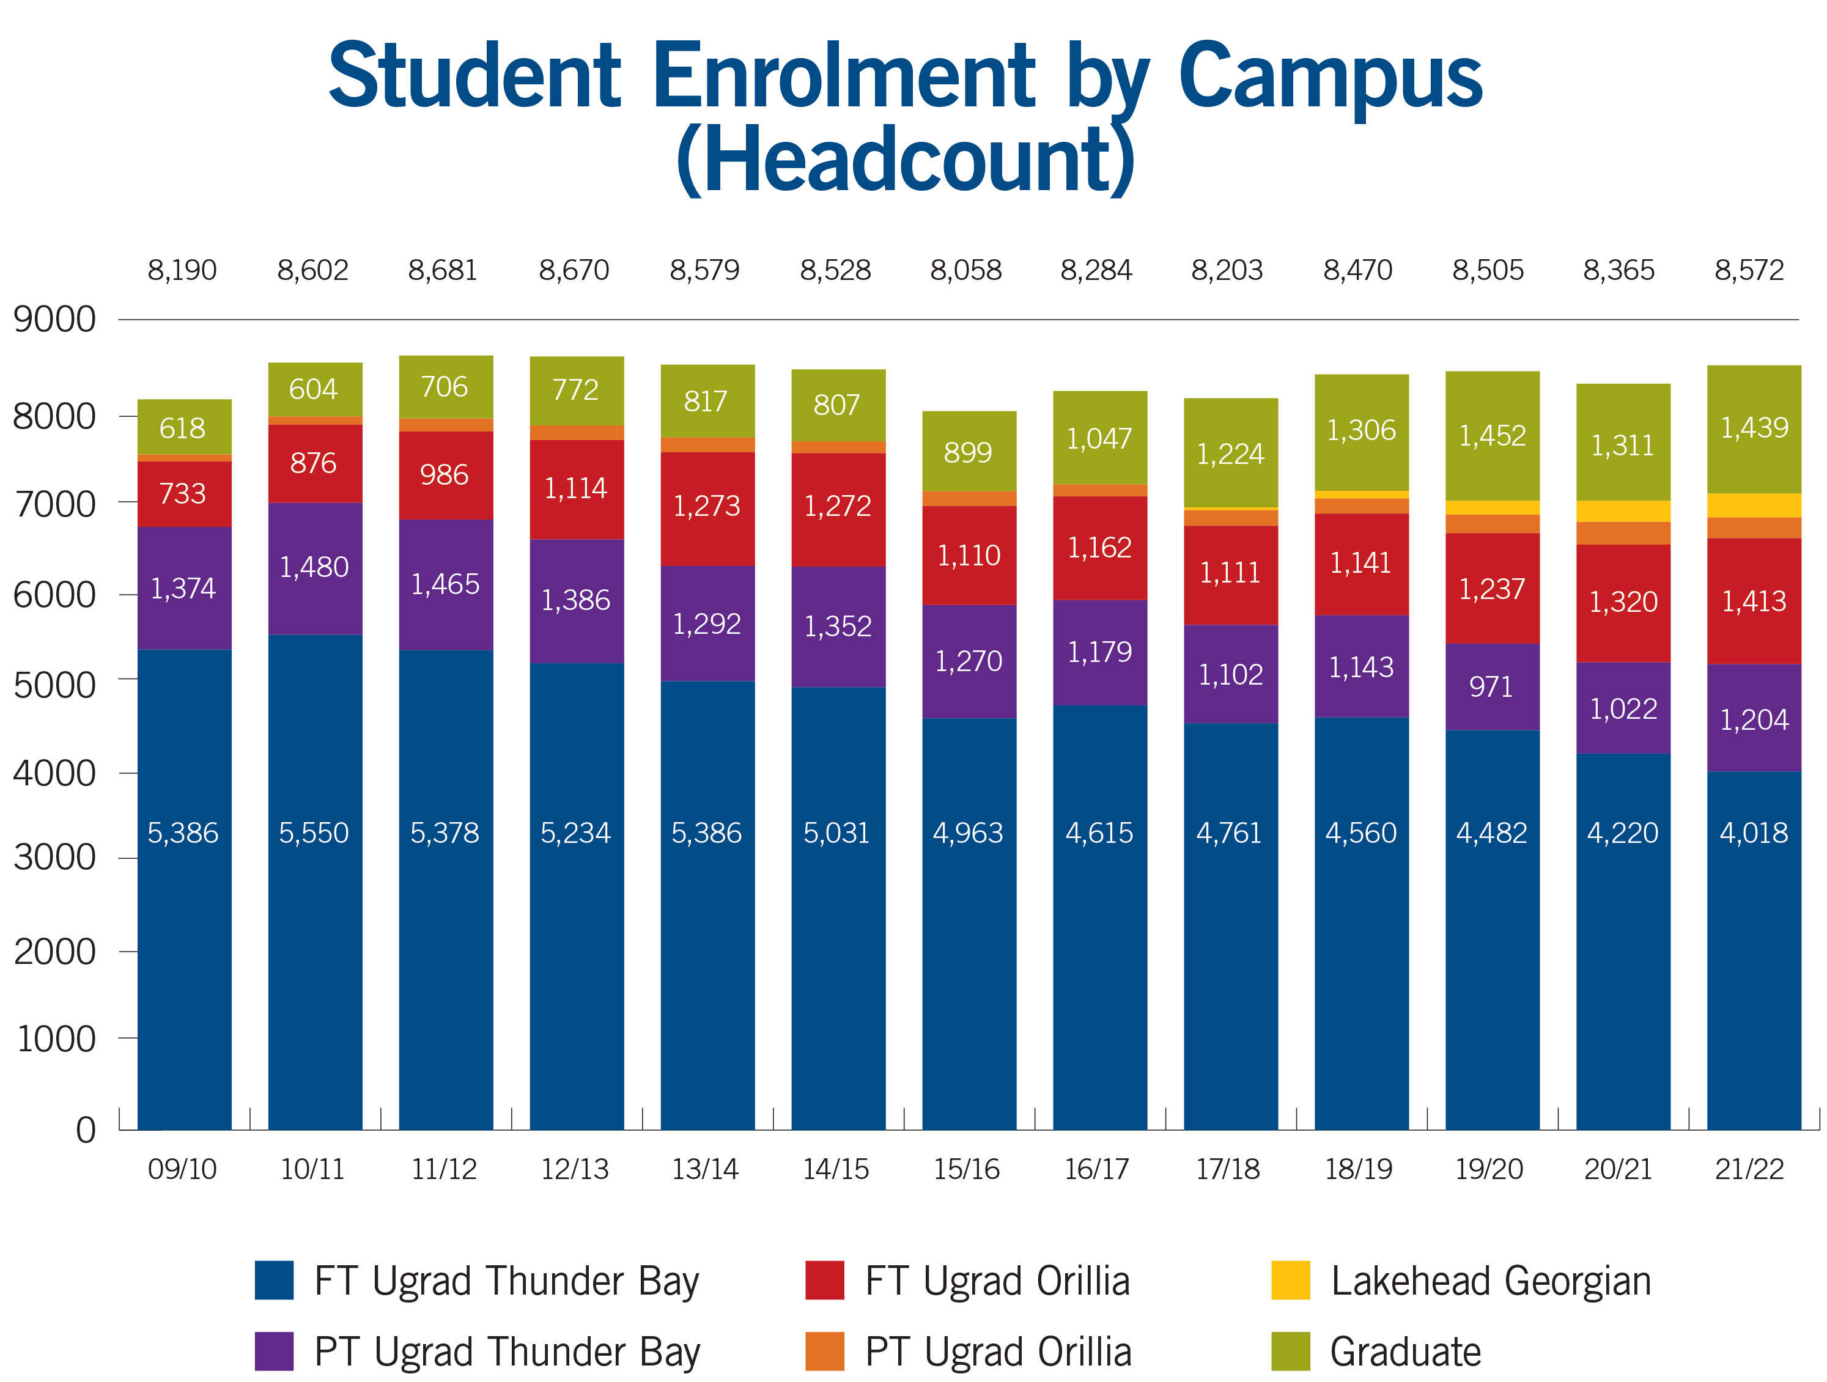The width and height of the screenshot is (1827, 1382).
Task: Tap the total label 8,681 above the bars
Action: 443,270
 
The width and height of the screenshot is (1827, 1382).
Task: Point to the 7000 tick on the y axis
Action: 54,504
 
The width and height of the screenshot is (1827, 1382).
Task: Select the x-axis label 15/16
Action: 966,1169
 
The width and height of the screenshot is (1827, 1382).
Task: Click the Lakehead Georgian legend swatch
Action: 1290,1281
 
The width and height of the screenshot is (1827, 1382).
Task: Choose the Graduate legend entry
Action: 1404,1351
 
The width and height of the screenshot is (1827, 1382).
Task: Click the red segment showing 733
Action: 183,494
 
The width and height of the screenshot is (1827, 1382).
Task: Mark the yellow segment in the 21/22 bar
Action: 1754,505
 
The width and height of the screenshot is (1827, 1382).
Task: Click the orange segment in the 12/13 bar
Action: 577,433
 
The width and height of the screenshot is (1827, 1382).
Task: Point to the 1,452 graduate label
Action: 1492,435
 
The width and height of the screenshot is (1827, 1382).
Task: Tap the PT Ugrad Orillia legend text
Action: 998,1351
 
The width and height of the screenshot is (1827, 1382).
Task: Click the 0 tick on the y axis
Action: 85,1130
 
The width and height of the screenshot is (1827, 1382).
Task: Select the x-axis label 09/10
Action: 183,1169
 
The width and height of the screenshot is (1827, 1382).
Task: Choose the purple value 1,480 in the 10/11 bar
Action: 314,567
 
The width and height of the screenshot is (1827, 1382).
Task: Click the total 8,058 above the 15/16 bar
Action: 966,270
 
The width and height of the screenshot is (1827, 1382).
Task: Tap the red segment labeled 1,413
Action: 1754,601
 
